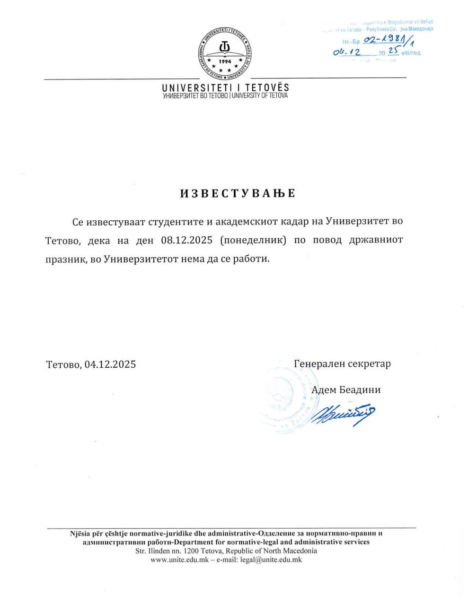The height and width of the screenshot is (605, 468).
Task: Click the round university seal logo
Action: tap(225, 53)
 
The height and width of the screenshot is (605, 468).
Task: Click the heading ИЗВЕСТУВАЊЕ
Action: tap(238, 193)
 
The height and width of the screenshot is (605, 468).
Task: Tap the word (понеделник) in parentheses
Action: tap(254, 240)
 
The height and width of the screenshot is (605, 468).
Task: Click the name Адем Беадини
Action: tap(346, 390)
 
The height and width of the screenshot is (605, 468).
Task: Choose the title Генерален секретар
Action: tap(342, 364)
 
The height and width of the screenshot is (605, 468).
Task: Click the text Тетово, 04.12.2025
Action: tap(91, 364)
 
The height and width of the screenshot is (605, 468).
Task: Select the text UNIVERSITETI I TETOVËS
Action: tap(225, 87)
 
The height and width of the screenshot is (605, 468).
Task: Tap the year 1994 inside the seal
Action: tap(225, 61)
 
